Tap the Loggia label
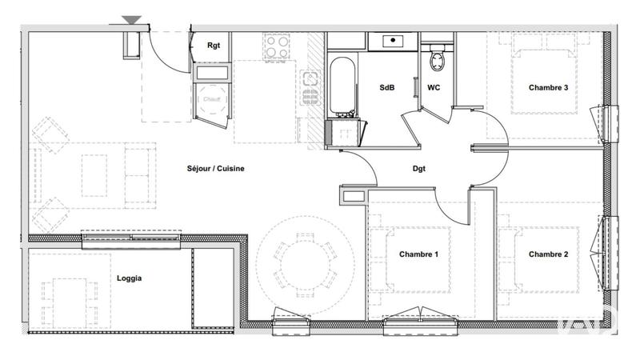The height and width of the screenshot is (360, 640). point(129,278)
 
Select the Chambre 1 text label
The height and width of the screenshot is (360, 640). point(418,254)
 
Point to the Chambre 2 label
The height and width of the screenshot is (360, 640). point(549,254)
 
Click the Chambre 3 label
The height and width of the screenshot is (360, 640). point(548,88)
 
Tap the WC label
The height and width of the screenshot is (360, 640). point(434,88)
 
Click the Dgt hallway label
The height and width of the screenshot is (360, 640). point(418,170)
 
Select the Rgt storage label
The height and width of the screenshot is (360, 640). point(214,46)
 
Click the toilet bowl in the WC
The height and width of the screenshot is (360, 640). point(437,59)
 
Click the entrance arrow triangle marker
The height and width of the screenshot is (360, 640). point(132,21)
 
